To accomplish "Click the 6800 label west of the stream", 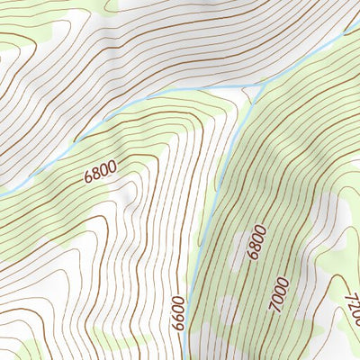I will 102,171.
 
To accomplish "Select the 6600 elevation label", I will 177,311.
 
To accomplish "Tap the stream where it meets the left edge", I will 2,194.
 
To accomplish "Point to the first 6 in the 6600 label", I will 178,325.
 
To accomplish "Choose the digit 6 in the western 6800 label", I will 89,178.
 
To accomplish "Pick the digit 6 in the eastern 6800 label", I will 261,256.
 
